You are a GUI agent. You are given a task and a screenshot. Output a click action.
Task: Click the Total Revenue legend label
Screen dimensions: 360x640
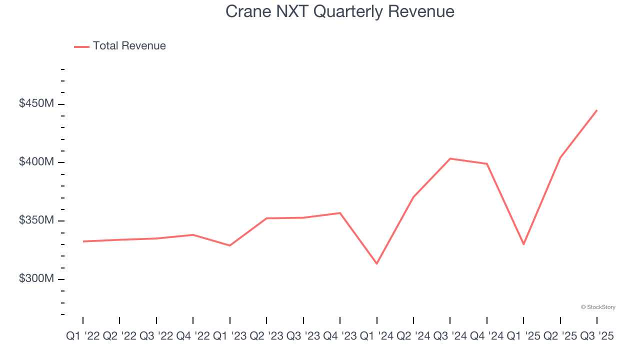click(129, 46)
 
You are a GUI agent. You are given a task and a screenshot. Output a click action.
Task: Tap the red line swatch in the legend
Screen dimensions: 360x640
click(81, 46)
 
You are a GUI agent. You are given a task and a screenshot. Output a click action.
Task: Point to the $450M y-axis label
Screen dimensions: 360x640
click(36, 103)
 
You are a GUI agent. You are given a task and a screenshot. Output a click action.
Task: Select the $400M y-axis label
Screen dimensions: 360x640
click(36, 162)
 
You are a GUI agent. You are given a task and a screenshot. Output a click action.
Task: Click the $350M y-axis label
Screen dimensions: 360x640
click(36, 220)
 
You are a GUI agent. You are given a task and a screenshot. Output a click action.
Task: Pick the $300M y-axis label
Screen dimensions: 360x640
click(36, 278)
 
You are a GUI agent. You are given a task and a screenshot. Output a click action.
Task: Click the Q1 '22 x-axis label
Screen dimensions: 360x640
click(83, 336)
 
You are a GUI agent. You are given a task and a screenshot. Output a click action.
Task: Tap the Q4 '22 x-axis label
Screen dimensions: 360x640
click(193, 336)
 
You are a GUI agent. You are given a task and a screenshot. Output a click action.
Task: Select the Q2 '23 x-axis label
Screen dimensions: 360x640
click(266, 336)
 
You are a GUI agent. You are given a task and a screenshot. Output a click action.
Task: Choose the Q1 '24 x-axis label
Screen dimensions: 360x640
click(376, 336)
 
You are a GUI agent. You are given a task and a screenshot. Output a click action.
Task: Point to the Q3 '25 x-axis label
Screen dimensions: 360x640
click(596, 336)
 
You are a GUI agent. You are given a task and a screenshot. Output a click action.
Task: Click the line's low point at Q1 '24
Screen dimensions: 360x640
click(376, 263)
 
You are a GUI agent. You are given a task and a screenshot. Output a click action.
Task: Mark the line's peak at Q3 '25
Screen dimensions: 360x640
click(597, 110)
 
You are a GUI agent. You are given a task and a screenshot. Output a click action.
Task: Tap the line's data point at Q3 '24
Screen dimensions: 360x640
click(450, 158)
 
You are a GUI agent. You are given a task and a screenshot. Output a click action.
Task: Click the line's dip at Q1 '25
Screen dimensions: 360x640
click(523, 244)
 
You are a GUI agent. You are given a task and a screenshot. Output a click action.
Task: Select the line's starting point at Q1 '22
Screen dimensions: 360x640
click(83, 241)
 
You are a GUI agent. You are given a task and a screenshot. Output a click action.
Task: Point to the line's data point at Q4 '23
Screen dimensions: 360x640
click(340, 213)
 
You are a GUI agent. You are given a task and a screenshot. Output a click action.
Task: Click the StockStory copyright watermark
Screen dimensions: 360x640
click(598, 307)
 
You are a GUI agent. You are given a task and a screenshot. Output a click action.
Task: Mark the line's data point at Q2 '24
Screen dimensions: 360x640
click(413, 197)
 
